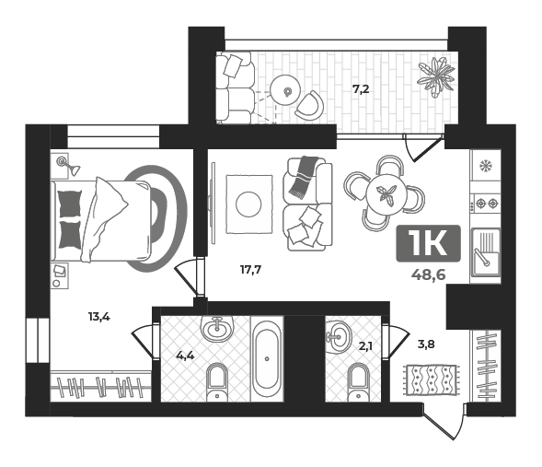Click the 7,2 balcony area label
click(361, 90)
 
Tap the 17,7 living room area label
click(250, 270)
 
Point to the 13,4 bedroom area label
click(98, 317)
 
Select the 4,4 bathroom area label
click(185, 356)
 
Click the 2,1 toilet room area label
click(365, 346)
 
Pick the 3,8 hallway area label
click(426, 344)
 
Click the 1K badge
click(428, 243)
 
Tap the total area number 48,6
click(428, 275)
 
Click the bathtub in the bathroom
click(267, 358)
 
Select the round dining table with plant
click(386, 194)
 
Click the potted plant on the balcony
click(435, 77)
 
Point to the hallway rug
click(432, 380)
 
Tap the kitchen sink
click(486, 252)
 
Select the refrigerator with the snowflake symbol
click(486, 167)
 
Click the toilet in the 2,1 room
click(359, 383)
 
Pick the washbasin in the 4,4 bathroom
click(217, 329)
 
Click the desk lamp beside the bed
click(68, 166)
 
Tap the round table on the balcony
click(285, 90)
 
